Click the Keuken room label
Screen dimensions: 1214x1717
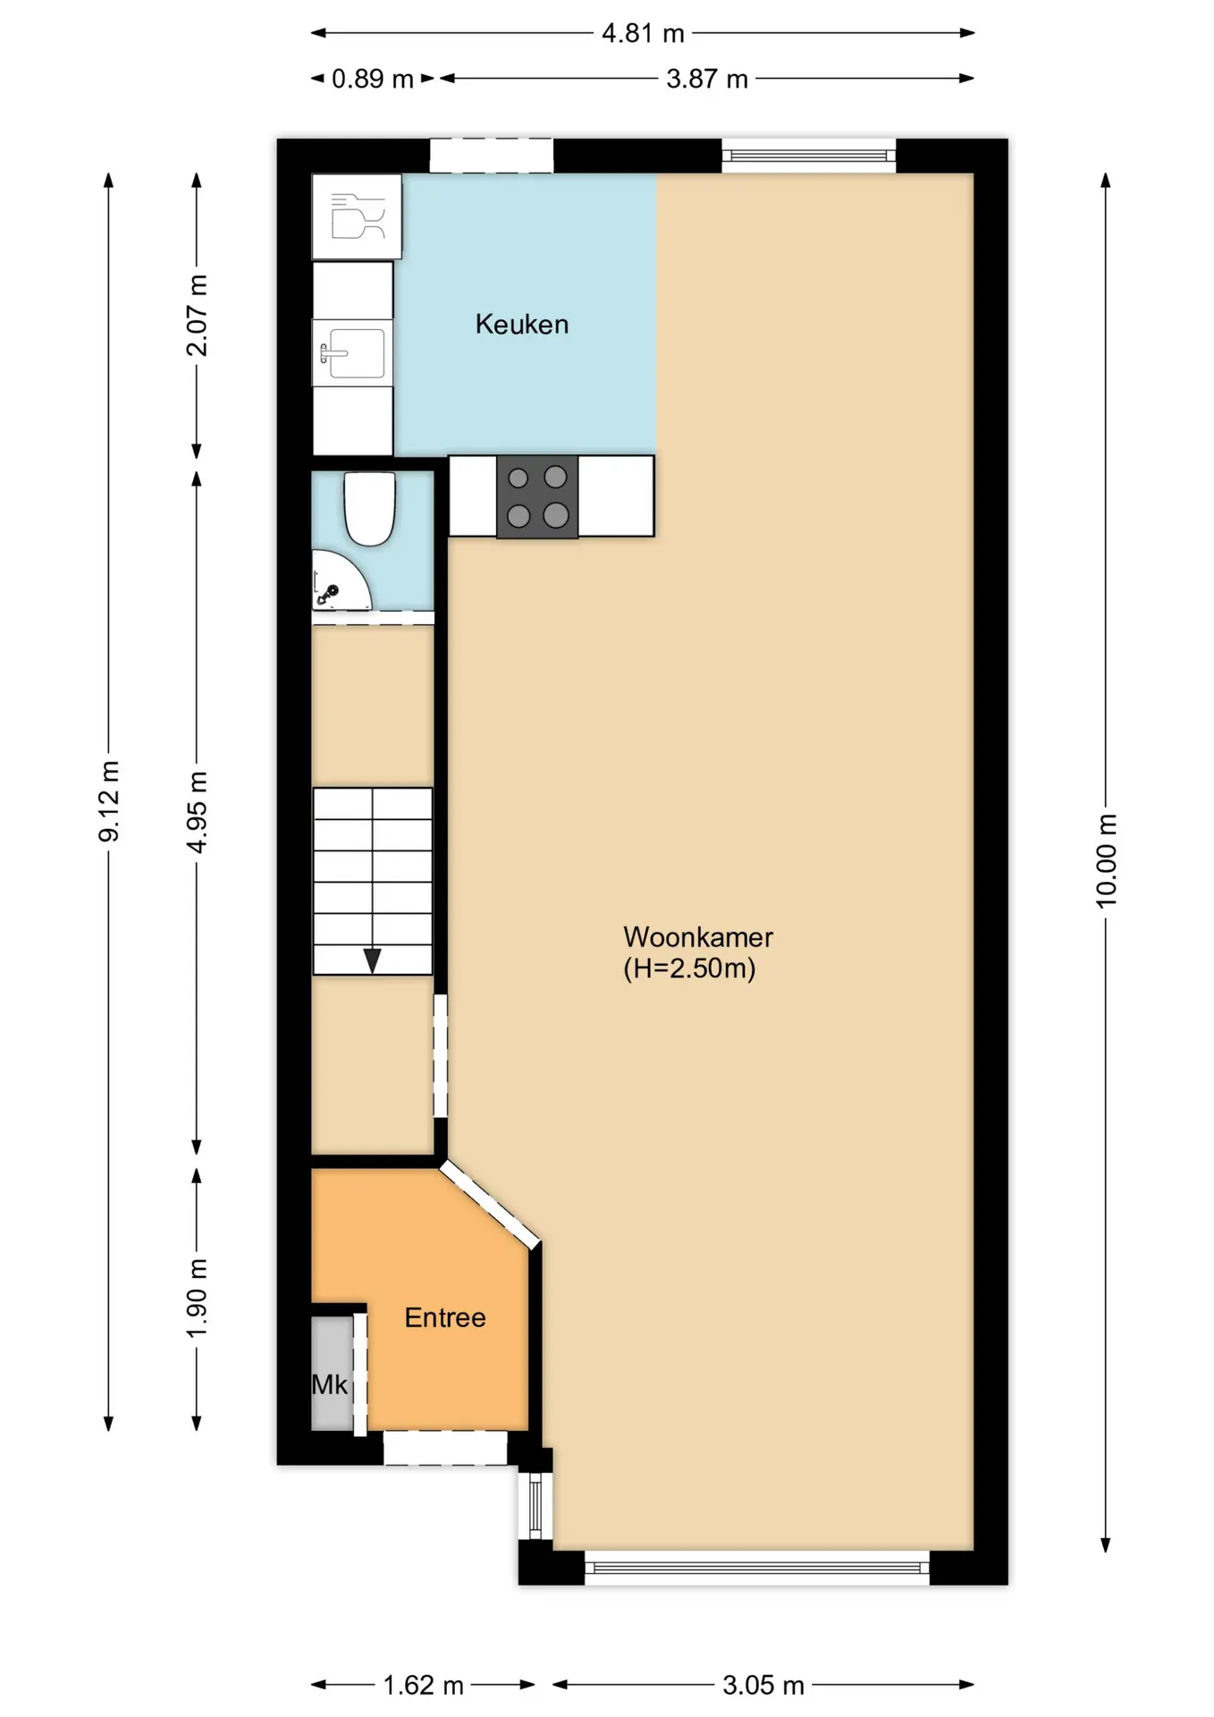coord(522,324)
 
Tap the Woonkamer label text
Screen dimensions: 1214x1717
coord(698,937)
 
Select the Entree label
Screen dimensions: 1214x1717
coord(445,1317)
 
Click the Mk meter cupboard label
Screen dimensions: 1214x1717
coord(329,1384)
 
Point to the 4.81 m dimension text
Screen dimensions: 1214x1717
coord(643,34)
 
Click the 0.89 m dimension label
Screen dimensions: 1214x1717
coord(373,79)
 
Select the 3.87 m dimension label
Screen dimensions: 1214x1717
coord(707,79)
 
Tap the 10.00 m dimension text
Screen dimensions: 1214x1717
coord(1106,860)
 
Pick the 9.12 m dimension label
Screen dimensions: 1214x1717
coord(109,801)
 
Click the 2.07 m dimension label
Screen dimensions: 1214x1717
coord(197,316)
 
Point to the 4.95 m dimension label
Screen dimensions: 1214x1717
coord(197,812)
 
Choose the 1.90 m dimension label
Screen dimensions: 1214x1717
coord(197,1298)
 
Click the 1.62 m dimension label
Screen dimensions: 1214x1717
coord(424,1686)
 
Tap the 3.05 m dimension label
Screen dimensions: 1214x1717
coord(763,1686)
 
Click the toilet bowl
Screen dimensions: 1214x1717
coord(370,508)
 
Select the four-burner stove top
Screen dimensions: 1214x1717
coord(537,496)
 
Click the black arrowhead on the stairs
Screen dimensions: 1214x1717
coord(372,961)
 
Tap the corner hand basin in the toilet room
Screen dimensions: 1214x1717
coord(340,580)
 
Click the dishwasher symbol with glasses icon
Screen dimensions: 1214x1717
coord(357,216)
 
